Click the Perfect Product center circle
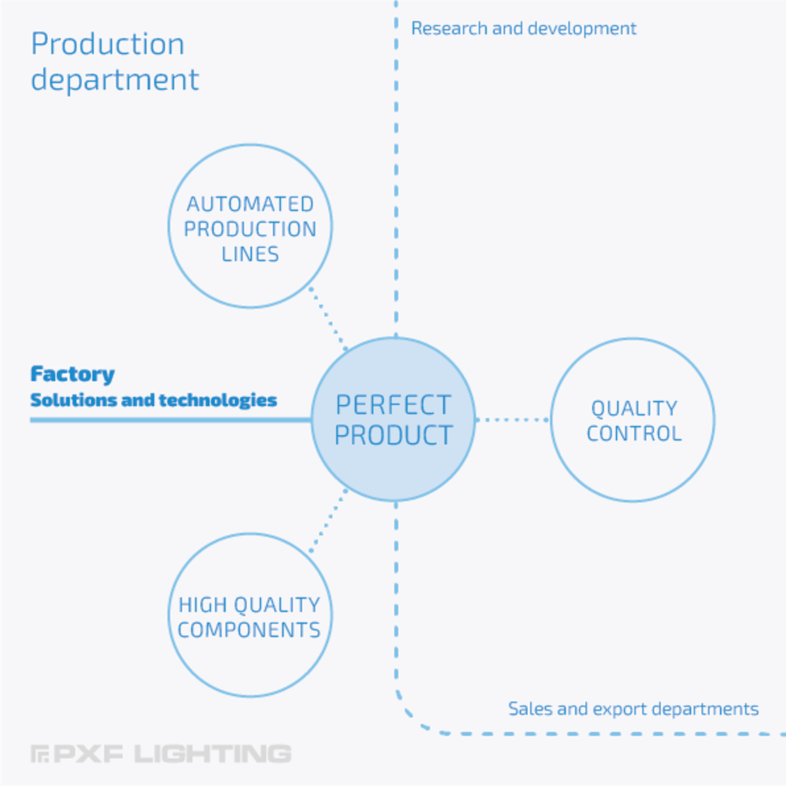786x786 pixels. tap(393, 419)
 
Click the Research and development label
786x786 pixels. tap(524, 29)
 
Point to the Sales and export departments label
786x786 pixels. tap(633, 709)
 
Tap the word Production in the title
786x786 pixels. tap(107, 44)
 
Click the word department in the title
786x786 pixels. tap(115, 79)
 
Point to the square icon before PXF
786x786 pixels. tap(39, 754)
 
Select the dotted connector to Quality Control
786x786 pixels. tap(512, 420)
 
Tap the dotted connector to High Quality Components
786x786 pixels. tap(328, 521)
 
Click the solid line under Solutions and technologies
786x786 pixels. tap(171, 420)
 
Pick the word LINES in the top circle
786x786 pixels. tap(250, 254)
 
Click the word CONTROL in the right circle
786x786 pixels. tap(634, 434)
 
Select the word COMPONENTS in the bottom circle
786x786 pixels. tap(249, 629)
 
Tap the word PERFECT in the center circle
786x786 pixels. tap(393, 405)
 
